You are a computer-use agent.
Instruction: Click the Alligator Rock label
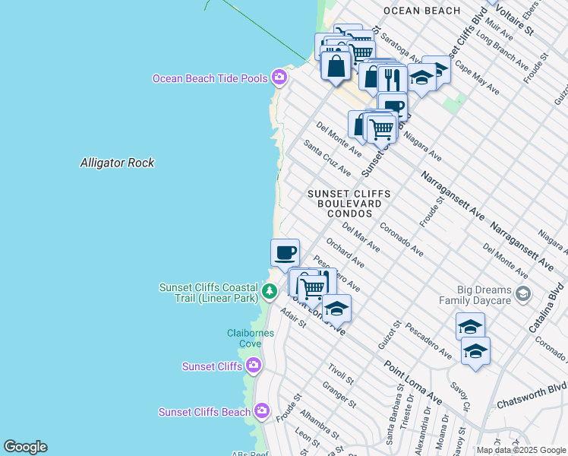point(118,163)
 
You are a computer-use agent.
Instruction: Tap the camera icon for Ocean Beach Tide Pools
point(280,78)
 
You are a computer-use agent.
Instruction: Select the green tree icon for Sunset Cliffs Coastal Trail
point(269,291)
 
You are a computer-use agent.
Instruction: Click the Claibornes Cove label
point(245,338)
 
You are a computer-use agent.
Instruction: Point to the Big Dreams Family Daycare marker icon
point(522,294)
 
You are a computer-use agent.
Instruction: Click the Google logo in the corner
point(25,447)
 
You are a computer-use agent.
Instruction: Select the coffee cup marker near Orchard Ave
point(285,252)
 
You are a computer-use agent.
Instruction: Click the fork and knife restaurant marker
point(392,79)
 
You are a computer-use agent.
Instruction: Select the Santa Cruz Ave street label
point(327,157)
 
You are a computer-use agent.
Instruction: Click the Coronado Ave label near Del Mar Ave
point(402,238)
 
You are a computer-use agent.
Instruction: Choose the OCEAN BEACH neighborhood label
point(421,11)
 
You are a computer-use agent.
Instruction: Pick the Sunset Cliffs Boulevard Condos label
point(349,204)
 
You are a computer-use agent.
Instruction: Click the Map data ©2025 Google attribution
point(521,450)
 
